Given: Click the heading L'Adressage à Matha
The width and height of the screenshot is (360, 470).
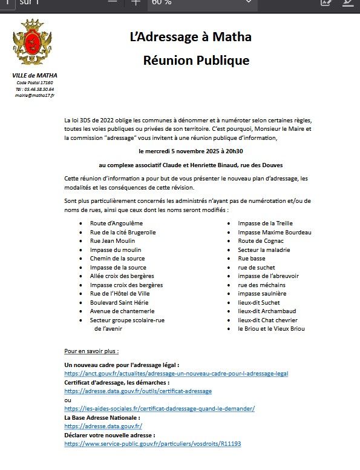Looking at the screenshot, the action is pos(191,37).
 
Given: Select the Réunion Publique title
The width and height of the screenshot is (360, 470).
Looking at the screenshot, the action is pos(196,61).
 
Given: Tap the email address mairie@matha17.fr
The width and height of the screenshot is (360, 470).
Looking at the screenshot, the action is pos(35,96).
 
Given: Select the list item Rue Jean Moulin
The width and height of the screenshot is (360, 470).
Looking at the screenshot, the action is pos(113,241).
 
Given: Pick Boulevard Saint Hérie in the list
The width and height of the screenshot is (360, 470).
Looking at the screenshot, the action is pos(120,302).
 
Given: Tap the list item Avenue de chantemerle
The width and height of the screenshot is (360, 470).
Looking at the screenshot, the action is pos(121,311).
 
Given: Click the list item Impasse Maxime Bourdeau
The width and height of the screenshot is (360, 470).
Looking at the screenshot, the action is pos(275,233).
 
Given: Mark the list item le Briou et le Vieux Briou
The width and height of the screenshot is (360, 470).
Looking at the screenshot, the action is pos(272,329).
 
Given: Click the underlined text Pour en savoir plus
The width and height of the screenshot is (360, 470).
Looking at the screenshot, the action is pos(91,351).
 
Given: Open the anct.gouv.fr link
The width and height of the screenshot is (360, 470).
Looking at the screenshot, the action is pos(176,374).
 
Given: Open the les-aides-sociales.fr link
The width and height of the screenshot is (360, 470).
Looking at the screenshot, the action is pos(159,409).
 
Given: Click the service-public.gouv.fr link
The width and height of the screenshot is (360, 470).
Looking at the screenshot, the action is pos(152,443).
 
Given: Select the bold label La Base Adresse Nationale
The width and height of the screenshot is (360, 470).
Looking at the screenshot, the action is pos(102,417).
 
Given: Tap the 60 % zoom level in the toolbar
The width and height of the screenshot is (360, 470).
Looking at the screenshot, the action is pos(162,2).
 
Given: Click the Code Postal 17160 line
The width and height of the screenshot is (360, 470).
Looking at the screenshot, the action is pos(35,82).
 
